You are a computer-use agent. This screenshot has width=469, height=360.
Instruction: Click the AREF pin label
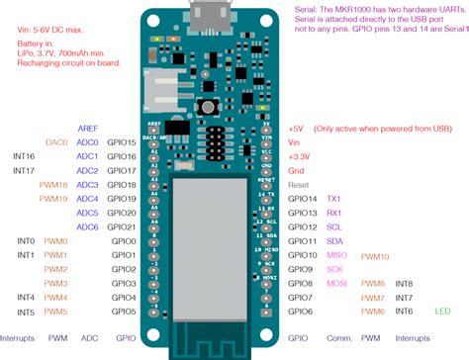pyautogui.click(x=87, y=129)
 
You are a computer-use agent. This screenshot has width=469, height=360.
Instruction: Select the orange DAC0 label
pyautogui.click(x=55, y=142)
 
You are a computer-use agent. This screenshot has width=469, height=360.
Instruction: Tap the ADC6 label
pyautogui.click(x=87, y=226)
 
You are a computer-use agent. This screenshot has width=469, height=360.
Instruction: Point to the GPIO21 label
pyautogui.click(x=123, y=226)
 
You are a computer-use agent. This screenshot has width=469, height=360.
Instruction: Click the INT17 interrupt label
pyautogui.click(x=25, y=170)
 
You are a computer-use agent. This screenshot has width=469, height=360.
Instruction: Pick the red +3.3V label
pyautogui.click(x=301, y=156)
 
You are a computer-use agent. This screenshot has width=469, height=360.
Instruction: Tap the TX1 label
pyautogui.click(x=333, y=199)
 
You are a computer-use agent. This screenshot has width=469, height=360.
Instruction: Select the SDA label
pyautogui.click(x=334, y=240)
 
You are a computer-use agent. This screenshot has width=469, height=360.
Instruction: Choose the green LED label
pyautogui.click(x=442, y=311)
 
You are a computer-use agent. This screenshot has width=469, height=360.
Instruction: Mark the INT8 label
pyautogui.click(x=404, y=283)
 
